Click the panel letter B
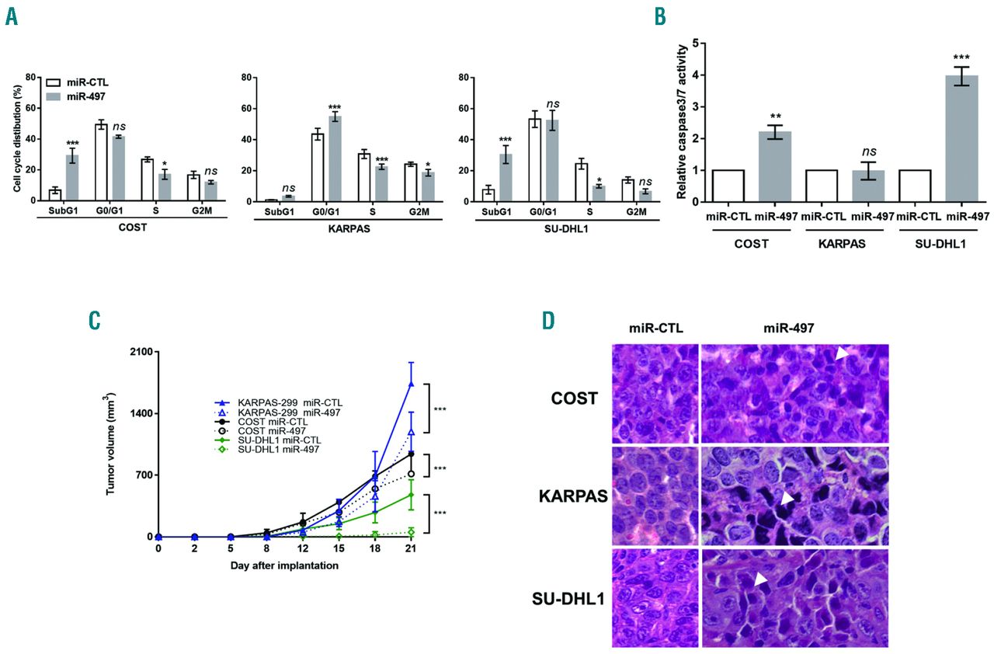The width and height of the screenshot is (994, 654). pyautogui.click(x=660, y=16)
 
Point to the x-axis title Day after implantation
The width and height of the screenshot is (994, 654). pyautogui.click(x=284, y=566)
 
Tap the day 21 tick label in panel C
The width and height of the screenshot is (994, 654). pyautogui.click(x=411, y=548)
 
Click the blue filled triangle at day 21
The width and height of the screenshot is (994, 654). pyautogui.click(x=411, y=384)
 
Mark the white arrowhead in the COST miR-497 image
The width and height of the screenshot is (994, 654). pyautogui.click(x=843, y=353)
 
